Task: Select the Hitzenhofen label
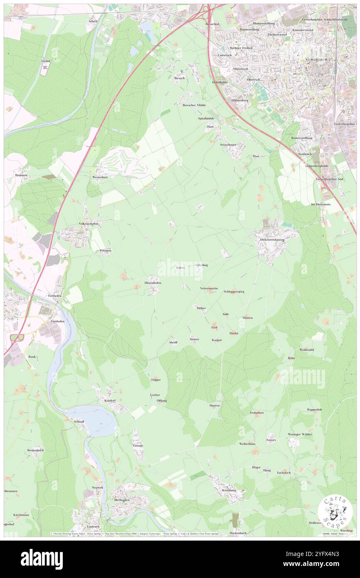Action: tap(153, 283)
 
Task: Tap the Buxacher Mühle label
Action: tap(194, 105)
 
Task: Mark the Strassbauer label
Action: tap(228, 145)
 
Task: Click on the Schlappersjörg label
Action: tap(234, 291)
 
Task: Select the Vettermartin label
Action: tap(209, 288)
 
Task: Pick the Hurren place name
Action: tap(214, 405)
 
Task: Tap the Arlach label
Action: tap(92, 21)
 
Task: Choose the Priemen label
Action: tap(105, 251)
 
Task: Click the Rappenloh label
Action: tap(315, 410)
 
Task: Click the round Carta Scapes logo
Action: tap(335, 511)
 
